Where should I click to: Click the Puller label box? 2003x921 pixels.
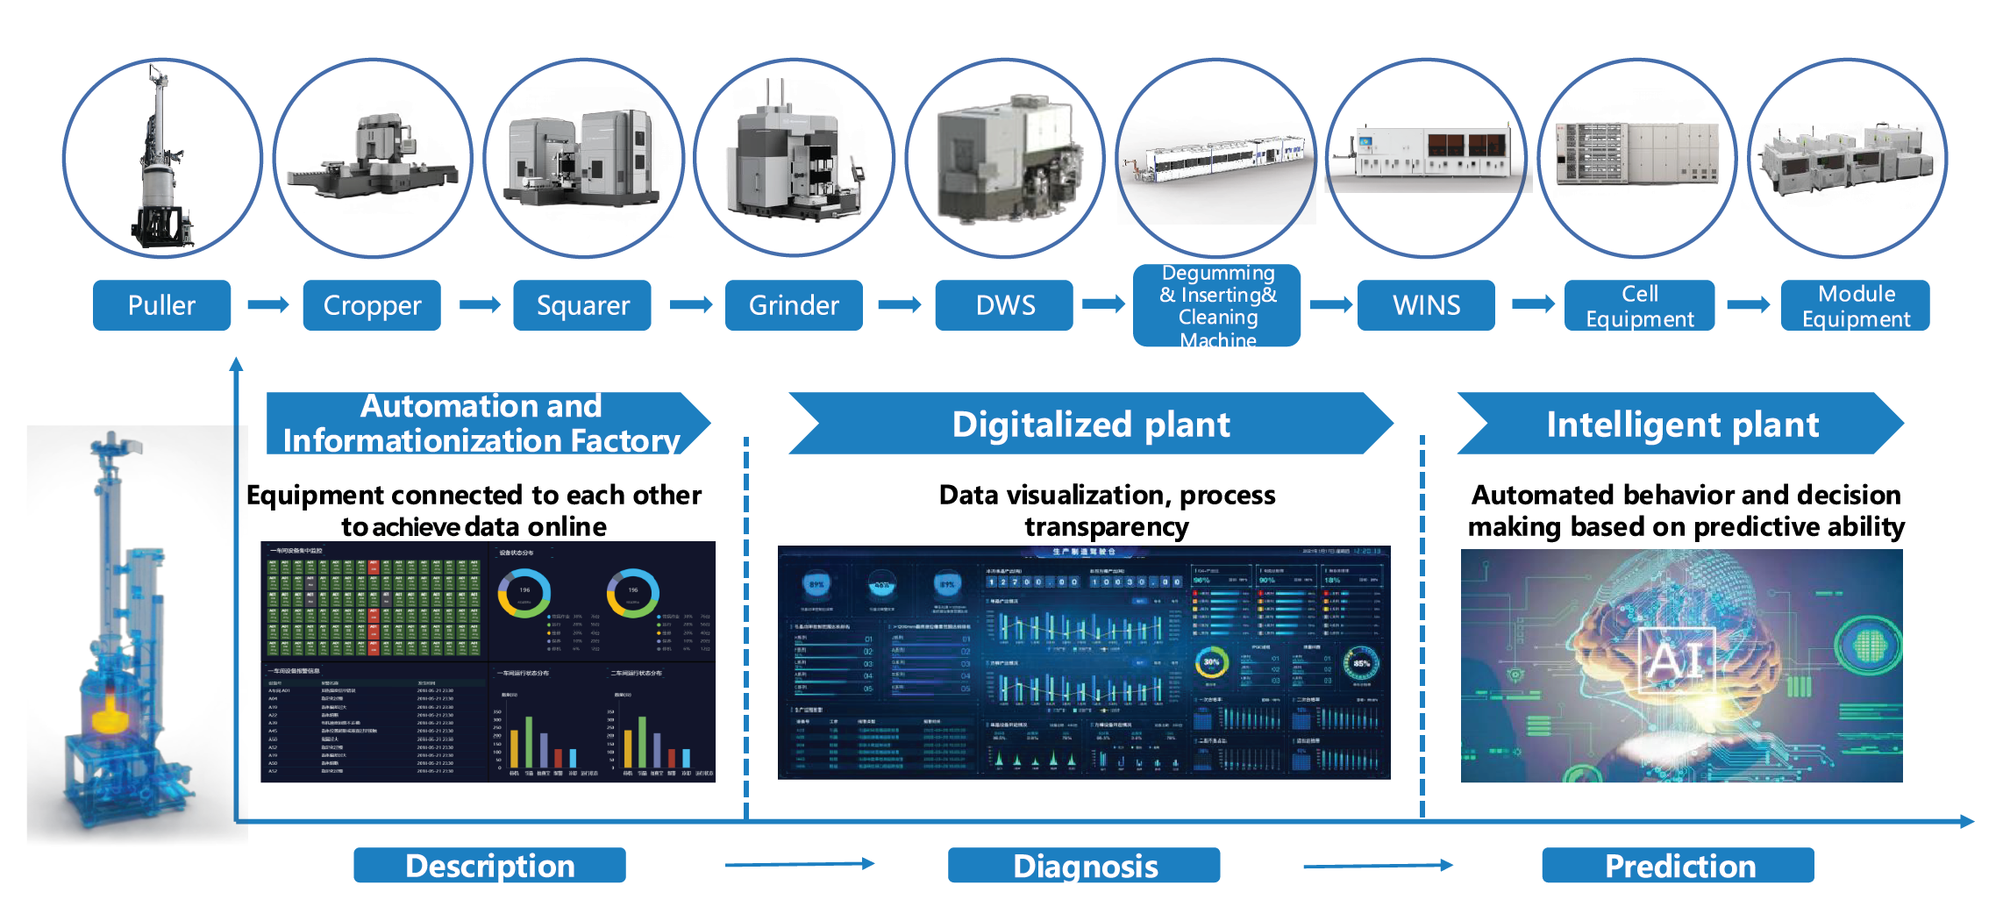pos(161,305)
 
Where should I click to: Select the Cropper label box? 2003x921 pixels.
pos(371,305)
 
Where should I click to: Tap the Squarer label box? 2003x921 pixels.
pos(582,305)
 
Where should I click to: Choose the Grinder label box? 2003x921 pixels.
pos(794,305)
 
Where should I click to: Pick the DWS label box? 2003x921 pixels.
pos(1004,305)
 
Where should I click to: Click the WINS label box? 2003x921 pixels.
pos(1426,305)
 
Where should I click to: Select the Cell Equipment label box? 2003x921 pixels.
pos(1639,305)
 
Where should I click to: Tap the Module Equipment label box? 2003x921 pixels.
pos(1856,305)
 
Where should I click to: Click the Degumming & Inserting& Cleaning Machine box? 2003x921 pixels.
pos(1217,306)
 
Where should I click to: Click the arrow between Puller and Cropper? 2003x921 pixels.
pos(267,304)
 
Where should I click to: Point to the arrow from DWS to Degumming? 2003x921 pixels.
pos(1103,304)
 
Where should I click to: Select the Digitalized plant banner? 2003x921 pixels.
pos(1091,424)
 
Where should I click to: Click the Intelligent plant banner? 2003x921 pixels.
pos(1681,424)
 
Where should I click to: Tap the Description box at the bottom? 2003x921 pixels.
pos(489,866)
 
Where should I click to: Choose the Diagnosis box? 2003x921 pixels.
pos(1084,866)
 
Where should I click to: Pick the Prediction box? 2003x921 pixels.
pos(1679,866)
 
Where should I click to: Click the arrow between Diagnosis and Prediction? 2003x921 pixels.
pos(1378,866)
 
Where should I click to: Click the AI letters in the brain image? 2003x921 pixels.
pos(1676,660)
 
